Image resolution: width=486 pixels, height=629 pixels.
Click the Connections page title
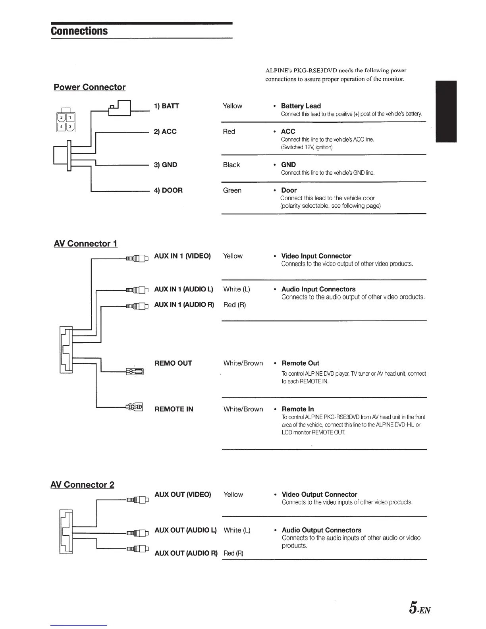tap(79, 31)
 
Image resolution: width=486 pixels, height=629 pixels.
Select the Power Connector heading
tap(89, 87)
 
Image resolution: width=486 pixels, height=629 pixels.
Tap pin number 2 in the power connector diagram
tap(62, 118)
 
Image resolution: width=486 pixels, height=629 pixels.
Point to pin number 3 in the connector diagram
tap(70, 127)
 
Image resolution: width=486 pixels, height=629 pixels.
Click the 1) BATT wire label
tap(166, 106)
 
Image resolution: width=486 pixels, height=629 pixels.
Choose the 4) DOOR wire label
tap(168, 190)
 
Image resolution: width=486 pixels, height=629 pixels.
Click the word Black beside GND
tap(231, 165)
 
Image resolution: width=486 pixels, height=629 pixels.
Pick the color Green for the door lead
tap(232, 190)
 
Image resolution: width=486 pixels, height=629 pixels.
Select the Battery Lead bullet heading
tap(301, 106)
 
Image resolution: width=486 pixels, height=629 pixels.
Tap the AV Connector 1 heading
tap(85, 243)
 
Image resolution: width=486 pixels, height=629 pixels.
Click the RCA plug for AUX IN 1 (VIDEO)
tap(137, 259)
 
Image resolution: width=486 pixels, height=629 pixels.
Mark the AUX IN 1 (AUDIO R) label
tap(184, 305)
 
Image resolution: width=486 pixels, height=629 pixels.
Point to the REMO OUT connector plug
tap(134, 372)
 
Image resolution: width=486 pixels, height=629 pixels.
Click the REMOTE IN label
tap(174, 409)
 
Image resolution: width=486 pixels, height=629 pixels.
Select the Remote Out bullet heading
tap(300, 363)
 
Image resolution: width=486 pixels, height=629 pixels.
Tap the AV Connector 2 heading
tap(82, 484)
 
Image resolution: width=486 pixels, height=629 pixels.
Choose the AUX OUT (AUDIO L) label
tap(185, 530)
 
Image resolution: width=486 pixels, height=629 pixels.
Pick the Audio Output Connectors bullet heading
tap(321, 530)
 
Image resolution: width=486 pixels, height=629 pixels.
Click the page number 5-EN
tap(420, 608)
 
